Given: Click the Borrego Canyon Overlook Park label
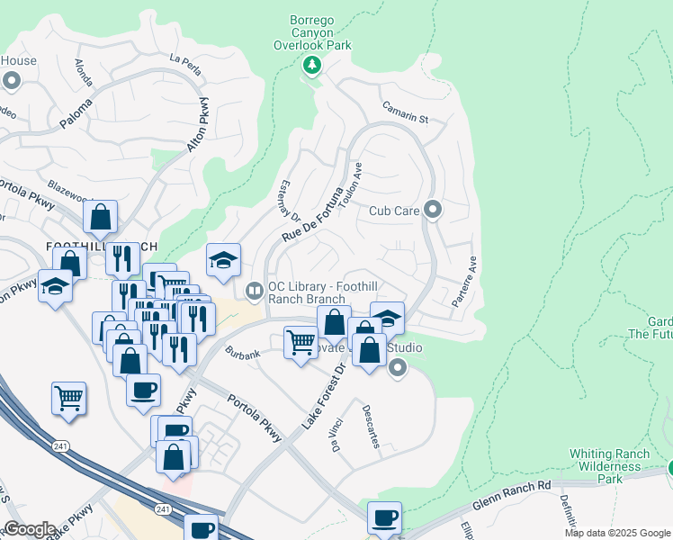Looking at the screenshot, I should [x=312, y=33].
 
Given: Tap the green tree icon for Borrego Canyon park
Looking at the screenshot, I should [x=312, y=65].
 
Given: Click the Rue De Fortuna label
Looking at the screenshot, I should [x=314, y=213].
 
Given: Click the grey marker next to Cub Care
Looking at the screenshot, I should [x=433, y=211].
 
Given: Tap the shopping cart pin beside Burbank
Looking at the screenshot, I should [x=300, y=341].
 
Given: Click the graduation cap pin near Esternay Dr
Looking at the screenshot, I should [x=223, y=260].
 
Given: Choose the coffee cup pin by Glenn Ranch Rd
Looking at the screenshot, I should [x=384, y=517].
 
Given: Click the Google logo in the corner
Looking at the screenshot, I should [x=30, y=529].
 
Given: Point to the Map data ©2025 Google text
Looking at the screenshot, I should [x=617, y=533].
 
